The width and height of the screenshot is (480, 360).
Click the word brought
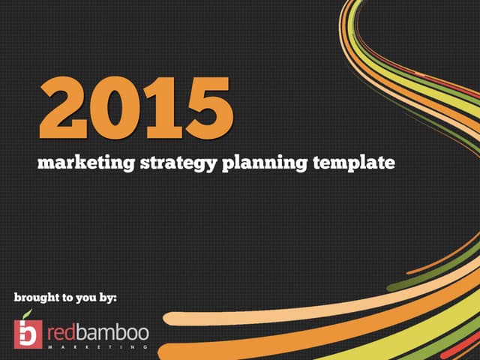(36, 298)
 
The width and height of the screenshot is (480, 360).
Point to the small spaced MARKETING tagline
(97, 348)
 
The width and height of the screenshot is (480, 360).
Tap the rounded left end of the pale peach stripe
(169, 318)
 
